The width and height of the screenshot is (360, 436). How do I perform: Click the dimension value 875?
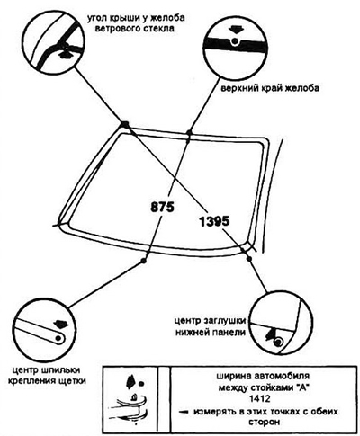[x=162, y=207]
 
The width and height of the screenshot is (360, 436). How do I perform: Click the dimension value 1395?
[x=214, y=222]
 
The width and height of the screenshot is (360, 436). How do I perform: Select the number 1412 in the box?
[x=260, y=399]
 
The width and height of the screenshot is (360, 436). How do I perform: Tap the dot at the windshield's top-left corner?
[x=125, y=124]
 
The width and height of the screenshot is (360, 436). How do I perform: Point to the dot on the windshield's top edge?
[x=189, y=132]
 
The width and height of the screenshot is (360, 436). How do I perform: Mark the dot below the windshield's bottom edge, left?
[x=144, y=261]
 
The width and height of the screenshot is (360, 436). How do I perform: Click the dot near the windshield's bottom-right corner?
[x=248, y=258]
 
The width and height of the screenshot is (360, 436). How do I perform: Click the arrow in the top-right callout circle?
[x=235, y=31]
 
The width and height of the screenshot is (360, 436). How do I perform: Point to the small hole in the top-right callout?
[x=235, y=41]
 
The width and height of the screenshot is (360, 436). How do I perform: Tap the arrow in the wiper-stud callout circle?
[x=61, y=325]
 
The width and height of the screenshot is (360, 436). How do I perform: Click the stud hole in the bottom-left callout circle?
[x=58, y=338]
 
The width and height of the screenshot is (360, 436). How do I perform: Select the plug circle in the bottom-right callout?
[x=279, y=342]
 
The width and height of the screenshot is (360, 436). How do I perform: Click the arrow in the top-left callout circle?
[x=64, y=54]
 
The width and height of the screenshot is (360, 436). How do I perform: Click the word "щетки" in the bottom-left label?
[x=73, y=381]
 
